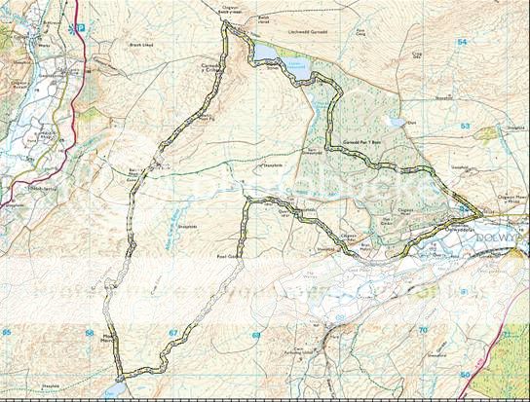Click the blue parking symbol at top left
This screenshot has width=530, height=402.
coord(82,26)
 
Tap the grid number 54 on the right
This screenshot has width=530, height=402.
coord(462,42)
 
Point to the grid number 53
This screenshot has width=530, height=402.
coord(464,128)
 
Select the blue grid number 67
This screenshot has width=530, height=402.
coord(173,333)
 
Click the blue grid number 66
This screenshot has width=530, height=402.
coord(90,333)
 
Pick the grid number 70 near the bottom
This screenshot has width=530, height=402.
coord(423,331)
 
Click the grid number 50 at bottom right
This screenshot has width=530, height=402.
coord(465,375)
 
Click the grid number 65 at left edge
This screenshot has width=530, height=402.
coord(8,333)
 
